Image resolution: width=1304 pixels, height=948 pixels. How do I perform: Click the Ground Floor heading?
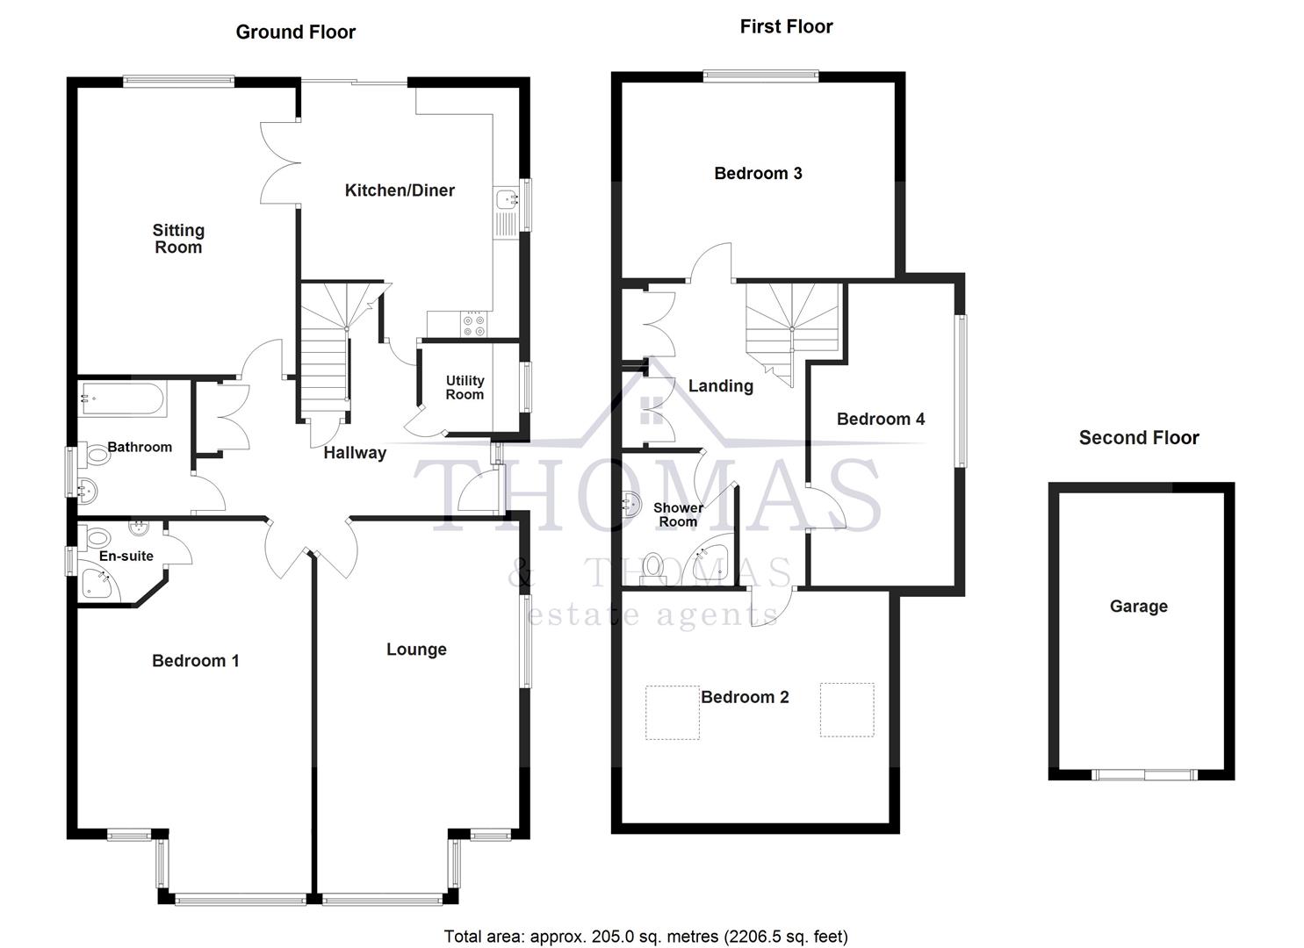(295, 32)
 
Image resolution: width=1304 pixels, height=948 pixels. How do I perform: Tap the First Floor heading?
(786, 27)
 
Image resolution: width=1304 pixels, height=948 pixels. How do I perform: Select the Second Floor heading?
(1138, 438)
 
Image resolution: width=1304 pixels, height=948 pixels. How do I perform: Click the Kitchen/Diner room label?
(400, 190)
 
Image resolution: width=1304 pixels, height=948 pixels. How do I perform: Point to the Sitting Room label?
(178, 239)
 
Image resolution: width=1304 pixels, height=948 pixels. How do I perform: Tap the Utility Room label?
(465, 387)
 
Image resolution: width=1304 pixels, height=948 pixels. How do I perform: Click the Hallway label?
(355, 453)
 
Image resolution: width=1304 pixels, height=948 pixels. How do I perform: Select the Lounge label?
(416, 650)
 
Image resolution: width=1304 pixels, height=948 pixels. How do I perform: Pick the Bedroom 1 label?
(195, 661)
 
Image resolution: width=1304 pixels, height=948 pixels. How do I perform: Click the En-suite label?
(126, 557)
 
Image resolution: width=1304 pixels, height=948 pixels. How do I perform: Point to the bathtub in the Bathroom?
(122, 399)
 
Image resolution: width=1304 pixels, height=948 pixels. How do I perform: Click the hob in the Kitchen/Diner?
(474, 325)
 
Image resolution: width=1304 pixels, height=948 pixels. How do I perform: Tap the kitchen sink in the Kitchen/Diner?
(507, 201)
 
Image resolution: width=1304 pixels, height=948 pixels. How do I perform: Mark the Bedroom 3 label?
(758, 174)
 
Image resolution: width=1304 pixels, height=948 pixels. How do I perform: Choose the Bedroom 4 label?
(880, 420)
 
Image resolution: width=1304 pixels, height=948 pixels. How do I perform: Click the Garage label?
(1138, 607)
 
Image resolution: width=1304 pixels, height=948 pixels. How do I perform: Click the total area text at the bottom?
(645, 937)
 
